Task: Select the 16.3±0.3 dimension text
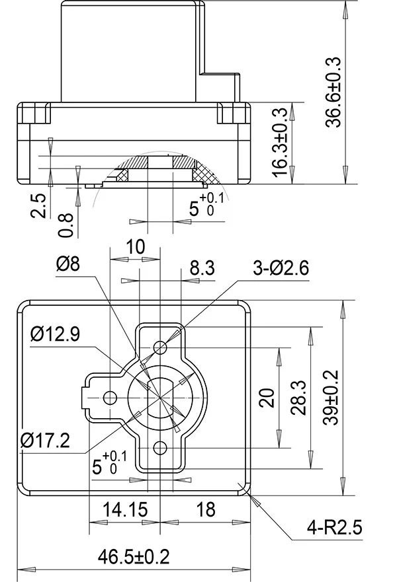[281, 142]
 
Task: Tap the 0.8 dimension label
[66, 225]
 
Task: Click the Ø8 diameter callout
[68, 264]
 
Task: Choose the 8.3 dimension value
[202, 268]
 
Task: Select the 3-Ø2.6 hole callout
[281, 268]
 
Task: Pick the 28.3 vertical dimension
[299, 397]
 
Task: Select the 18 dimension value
[206, 509]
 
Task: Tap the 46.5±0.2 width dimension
[134, 556]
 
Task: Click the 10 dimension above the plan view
[135, 246]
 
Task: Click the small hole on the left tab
[110, 397]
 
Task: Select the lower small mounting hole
[159, 448]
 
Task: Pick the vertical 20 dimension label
[267, 398]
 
